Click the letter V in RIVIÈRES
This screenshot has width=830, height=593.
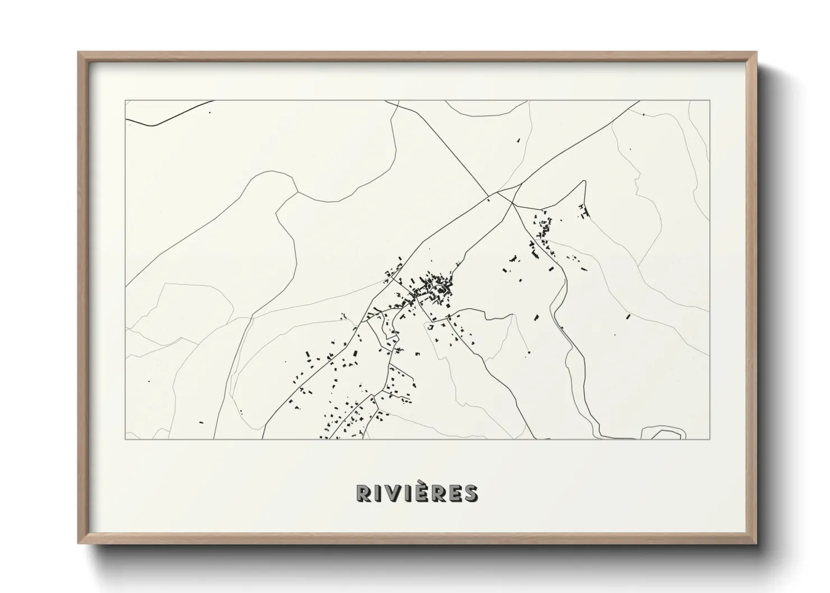coord(393,493)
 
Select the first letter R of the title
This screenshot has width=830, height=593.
coord(363,493)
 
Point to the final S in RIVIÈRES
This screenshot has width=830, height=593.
coord(470,493)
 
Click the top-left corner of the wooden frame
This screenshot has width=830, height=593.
coord(79,53)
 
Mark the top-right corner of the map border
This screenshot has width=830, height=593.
coord(710,100)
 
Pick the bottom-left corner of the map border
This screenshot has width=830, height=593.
coord(125,439)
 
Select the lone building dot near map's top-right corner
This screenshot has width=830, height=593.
coord(644,115)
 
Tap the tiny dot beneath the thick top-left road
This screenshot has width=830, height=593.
coord(210,112)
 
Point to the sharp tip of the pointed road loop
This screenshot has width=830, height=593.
coord(584,181)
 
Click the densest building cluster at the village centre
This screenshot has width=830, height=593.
coord(432,287)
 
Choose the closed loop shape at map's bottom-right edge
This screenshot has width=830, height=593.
coord(663,432)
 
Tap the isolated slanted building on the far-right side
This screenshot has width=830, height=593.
coord(629,317)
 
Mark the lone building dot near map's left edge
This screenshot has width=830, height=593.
coord(149,381)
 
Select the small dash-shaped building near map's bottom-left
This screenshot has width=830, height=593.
coord(201,421)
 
